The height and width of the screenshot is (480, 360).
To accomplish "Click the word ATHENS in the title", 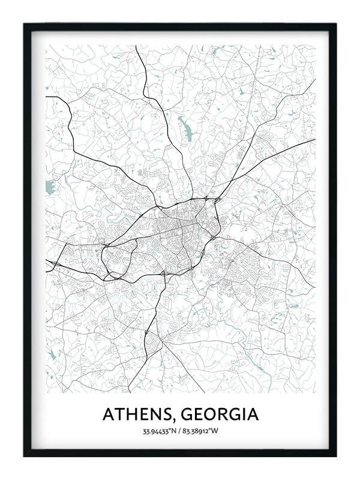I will (137, 415).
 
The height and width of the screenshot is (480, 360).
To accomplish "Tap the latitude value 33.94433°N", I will (158, 431).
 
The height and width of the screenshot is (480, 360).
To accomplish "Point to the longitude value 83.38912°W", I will (202, 431).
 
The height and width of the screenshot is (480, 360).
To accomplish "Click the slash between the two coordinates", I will (180, 431).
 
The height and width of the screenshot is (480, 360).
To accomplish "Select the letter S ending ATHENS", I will (170, 415).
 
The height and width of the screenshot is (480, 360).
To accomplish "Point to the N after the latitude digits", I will (175, 431).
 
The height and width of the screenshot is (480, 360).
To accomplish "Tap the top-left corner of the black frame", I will (25, 25).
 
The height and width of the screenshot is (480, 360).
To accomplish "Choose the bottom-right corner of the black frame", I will (335, 456).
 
